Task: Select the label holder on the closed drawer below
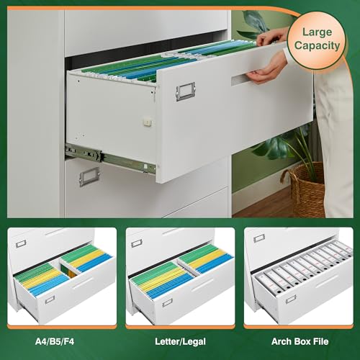point(89,176)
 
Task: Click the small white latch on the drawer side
point(148,122)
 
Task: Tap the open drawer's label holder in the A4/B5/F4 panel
point(50,300)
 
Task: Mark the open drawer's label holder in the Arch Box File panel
point(290,298)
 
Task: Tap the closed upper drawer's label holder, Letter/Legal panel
point(136,244)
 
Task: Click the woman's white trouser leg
point(333,144)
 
